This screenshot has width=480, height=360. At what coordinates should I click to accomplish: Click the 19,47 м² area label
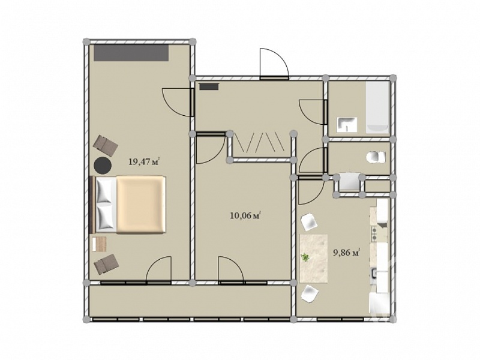[x=145, y=161]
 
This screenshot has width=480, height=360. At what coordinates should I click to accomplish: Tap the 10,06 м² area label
[x=245, y=215]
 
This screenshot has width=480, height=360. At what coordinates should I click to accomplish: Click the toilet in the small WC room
[x=376, y=157]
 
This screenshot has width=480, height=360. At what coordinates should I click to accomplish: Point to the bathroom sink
[x=347, y=125]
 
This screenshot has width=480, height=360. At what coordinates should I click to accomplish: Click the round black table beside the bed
[x=103, y=166]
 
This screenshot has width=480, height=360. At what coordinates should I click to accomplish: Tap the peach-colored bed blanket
[x=141, y=205]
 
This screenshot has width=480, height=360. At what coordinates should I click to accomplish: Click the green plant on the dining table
[x=305, y=258]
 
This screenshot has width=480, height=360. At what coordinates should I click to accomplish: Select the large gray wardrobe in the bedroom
[x=131, y=53]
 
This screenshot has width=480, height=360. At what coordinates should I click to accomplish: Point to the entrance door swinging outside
[x=274, y=64]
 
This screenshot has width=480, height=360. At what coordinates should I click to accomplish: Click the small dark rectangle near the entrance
[x=209, y=86]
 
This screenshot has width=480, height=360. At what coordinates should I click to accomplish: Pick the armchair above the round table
[x=106, y=145]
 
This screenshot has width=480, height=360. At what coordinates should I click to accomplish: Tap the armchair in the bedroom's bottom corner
[x=106, y=263]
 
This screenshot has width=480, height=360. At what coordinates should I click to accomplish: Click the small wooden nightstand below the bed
[x=99, y=244]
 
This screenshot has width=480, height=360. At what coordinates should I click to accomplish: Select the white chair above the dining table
[x=310, y=222]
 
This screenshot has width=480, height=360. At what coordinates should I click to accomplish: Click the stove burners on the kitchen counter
[x=374, y=233]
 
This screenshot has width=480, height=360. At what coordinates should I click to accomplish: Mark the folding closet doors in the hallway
[x=260, y=142]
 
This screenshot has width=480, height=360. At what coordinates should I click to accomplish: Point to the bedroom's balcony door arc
[x=158, y=268]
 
